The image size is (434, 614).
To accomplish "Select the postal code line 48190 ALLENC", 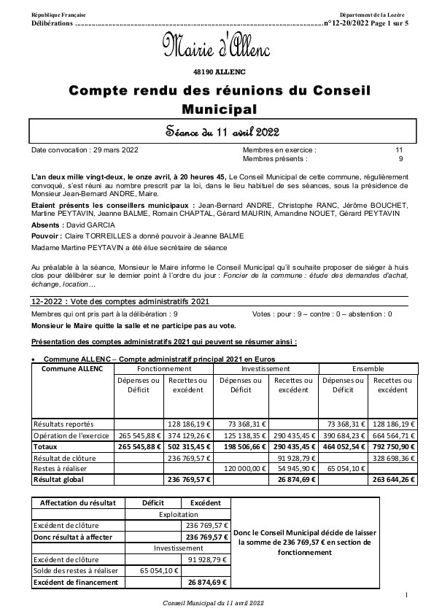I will (217, 71).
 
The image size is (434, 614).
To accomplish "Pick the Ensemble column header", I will (367, 369).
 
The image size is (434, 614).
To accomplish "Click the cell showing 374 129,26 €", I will (187, 435).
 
